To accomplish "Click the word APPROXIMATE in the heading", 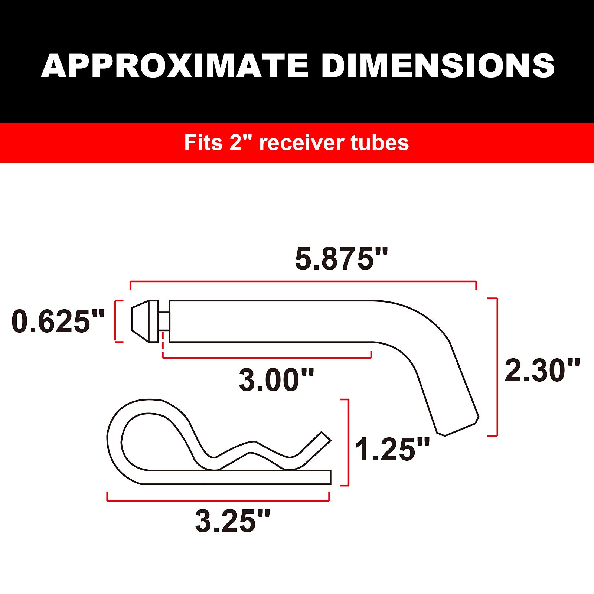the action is tap(174, 66).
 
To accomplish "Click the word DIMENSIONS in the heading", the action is tap(438, 66).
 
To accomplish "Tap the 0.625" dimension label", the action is tap(58, 321).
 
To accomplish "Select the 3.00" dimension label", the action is tap(276, 380).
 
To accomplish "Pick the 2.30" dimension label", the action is tap(542, 370).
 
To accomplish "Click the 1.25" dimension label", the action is tap(392, 449).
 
